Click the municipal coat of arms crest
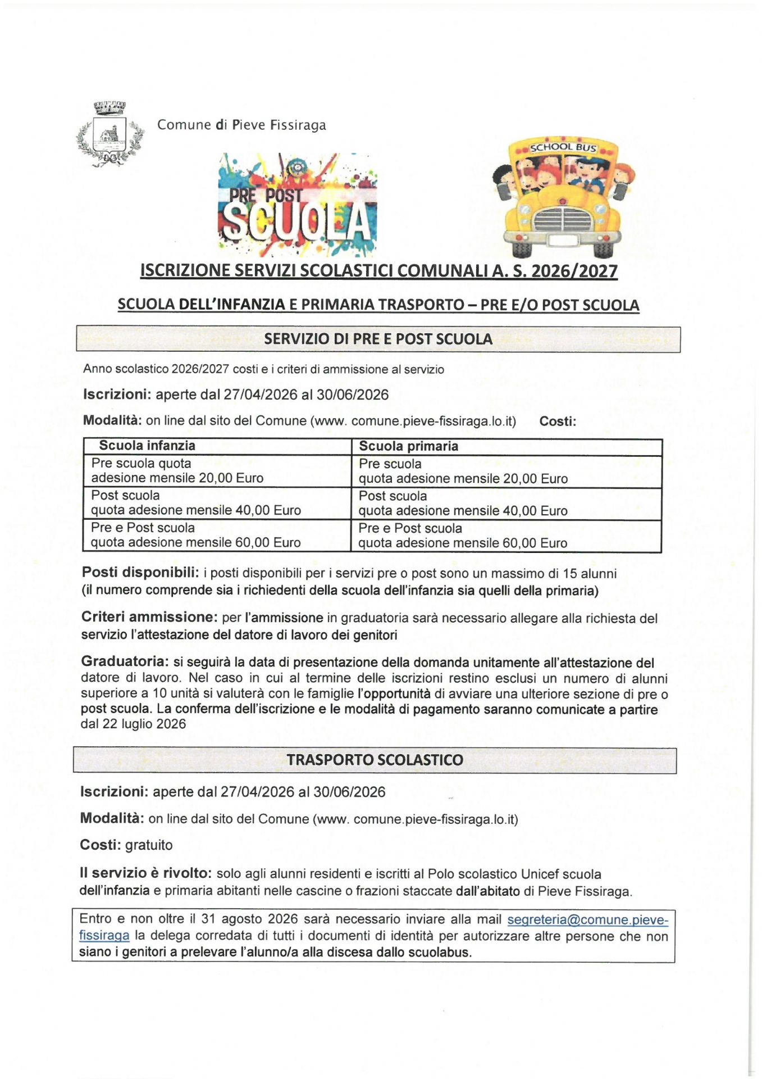109,135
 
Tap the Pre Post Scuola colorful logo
297,205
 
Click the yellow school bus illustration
563,197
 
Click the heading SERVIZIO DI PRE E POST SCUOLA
378,339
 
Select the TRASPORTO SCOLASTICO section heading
375,760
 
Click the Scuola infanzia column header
147,446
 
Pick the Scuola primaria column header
408,446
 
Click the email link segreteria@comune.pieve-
587,920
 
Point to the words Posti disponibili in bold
140,573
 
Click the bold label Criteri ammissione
149,617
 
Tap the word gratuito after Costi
149,845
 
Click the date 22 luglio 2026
144,724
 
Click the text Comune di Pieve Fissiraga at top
241,125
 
